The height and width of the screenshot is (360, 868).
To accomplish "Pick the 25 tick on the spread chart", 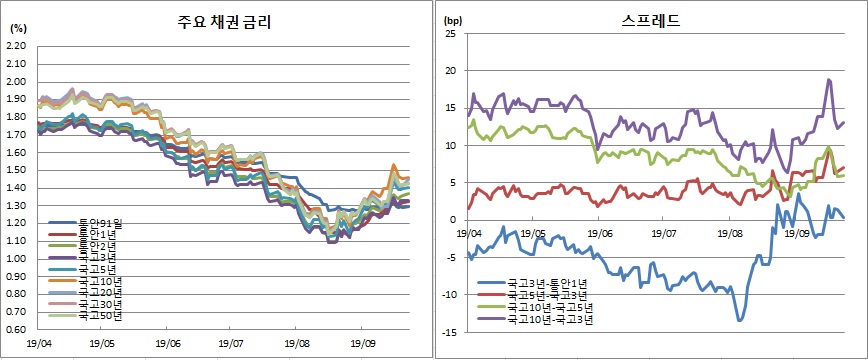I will point(450,34).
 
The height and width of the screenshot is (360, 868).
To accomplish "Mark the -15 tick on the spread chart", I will point(448,332).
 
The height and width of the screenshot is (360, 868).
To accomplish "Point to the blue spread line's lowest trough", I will point(741,320).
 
